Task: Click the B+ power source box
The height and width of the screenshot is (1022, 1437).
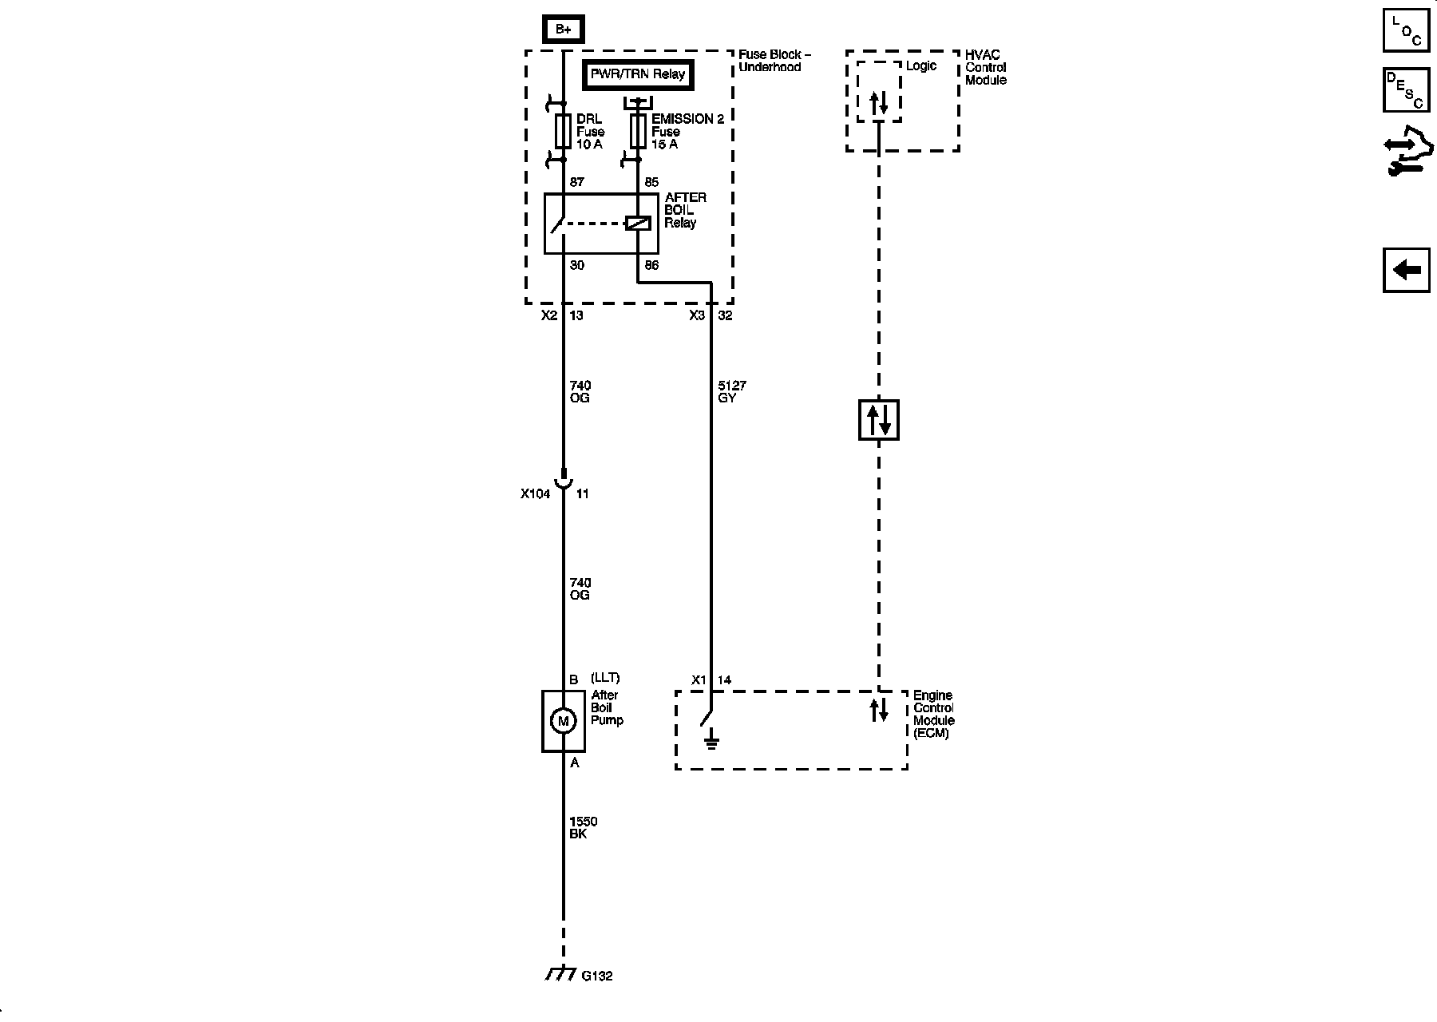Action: (563, 30)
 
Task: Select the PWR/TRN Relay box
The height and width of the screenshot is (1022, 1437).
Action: (637, 74)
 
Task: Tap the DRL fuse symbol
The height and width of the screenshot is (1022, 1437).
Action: (563, 132)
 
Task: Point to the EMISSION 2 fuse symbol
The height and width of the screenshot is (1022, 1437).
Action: (637, 132)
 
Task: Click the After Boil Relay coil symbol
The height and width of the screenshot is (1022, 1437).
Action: (637, 224)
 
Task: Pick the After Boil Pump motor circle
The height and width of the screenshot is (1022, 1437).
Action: (563, 722)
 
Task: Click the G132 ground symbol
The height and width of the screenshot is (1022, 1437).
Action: (561, 975)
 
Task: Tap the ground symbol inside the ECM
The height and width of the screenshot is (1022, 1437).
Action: (711, 743)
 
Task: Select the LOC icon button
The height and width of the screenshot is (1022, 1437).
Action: (1406, 30)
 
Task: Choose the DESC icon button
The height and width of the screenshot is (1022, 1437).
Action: (1406, 89)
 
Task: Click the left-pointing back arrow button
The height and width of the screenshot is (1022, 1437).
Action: (1406, 270)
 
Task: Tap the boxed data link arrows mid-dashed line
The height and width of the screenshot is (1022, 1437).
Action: (878, 420)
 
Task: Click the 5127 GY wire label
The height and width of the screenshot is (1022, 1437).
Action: (731, 391)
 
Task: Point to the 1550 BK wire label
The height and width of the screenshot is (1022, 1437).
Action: (583, 827)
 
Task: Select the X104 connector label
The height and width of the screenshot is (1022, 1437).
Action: (535, 493)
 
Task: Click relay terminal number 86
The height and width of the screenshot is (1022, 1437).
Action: (651, 265)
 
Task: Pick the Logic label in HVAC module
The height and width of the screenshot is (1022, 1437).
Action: (920, 65)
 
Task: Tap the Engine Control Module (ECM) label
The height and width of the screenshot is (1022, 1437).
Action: (933, 714)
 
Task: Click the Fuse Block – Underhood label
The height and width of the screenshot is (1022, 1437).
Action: (774, 61)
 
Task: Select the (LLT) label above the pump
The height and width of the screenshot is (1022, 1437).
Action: (605, 679)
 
